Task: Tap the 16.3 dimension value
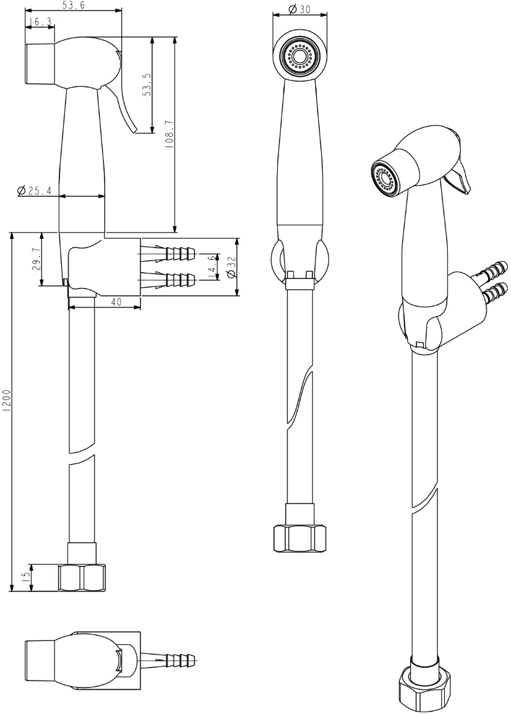pyautogui.click(x=41, y=22)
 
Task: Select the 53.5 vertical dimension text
pyautogui.click(x=147, y=85)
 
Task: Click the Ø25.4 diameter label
pyautogui.click(x=34, y=191)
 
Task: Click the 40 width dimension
pyautogui.click(x=116, y=301)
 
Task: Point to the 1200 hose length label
pyautogui.click(x=6, y=401)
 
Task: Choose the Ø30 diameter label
pyautogui.click(x=299, y=9)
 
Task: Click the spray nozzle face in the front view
pyautogui.click(x=299, y=56)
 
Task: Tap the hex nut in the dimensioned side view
pyautogui.click(x=82, y=578)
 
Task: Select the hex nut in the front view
pyautogui.click(x=299, y=538)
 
